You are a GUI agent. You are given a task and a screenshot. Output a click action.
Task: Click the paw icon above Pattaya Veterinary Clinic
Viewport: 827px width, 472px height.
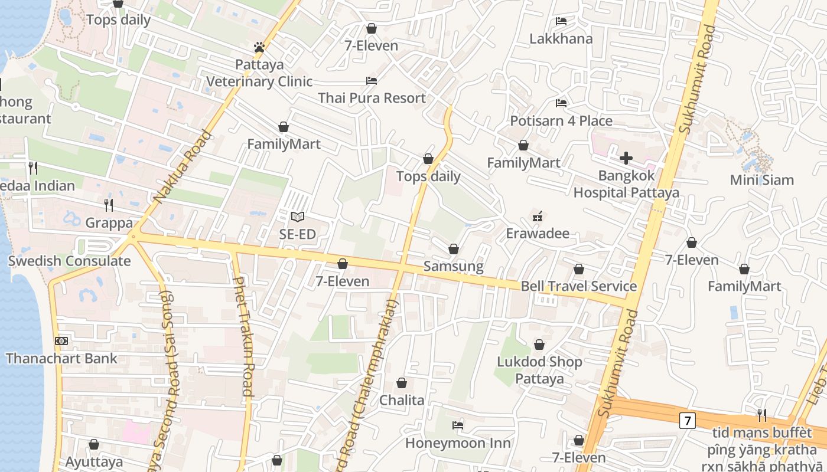(259, 47)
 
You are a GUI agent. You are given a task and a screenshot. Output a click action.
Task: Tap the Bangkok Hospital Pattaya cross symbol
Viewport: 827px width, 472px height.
(626, 158)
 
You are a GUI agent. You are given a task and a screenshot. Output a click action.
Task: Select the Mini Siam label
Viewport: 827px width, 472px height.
(761, 180)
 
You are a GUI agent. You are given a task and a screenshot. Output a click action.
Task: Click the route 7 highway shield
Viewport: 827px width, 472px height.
(686, 421)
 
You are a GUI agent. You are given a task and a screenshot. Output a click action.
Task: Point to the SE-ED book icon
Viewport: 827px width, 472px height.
(298, 217)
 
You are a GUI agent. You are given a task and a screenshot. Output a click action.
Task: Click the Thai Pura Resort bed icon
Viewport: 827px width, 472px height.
(372, 80)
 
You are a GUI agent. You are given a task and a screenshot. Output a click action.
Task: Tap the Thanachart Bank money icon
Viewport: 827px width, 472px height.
(61, 340)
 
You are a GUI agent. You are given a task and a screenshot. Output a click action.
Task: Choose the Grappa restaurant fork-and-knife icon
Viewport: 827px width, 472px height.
(109, 205)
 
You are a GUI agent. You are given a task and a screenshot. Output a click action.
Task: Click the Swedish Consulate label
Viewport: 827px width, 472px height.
(69, 261)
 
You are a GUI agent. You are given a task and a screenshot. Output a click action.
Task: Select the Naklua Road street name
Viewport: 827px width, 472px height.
(183, 168)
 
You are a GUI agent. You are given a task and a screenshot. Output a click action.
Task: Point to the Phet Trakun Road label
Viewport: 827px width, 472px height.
(243, 336)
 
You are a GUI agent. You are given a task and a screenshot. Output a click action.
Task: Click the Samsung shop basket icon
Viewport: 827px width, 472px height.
(454, 249)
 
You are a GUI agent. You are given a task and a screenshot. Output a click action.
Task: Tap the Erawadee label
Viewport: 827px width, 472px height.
(538, 234)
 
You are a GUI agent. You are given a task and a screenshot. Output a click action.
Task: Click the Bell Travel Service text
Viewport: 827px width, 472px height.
(578, 287)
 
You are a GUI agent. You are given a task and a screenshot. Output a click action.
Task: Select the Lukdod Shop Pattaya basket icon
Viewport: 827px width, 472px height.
(539, 345)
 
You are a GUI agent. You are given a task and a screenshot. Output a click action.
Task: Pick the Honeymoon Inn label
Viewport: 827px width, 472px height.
(458, 442)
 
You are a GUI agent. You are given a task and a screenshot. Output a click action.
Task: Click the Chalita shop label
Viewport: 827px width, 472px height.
(402, 400)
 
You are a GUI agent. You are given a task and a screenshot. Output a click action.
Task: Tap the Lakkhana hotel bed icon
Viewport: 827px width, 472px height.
(561, 21)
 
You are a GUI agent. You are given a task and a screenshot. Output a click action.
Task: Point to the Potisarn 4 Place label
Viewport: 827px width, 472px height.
(561, 121)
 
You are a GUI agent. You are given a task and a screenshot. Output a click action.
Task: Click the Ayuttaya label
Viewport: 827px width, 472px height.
(94, 461)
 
